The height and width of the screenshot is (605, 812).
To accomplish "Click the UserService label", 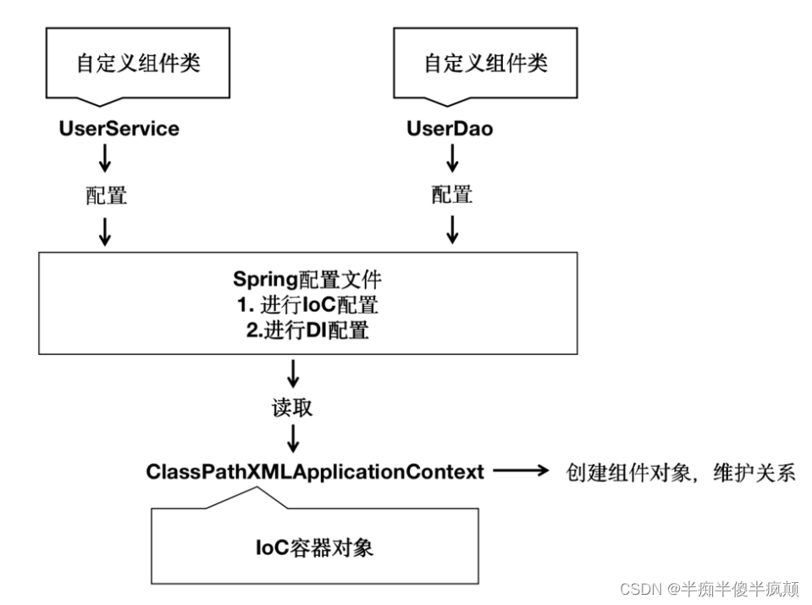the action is (119, 129).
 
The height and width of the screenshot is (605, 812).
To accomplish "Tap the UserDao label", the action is (450, 129).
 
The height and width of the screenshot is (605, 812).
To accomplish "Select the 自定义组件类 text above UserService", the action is (138, 63).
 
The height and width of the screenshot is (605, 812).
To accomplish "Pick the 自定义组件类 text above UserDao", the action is (486, 63).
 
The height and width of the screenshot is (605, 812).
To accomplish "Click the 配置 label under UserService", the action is (106, 196).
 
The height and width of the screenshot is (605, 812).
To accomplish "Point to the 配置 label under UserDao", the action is (452, 195).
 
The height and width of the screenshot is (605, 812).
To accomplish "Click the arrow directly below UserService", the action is (105, 158).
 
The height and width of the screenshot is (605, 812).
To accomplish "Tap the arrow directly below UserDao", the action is (453, 158).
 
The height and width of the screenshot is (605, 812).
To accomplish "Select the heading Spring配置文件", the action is (307, 280).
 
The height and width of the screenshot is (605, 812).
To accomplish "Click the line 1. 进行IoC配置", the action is (307, 305).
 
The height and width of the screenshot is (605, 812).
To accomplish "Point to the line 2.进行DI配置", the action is (307, 330).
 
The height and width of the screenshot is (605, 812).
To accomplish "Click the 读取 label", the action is (293, 408).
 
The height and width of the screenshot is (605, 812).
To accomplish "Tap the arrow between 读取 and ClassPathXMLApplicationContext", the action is (293, 439).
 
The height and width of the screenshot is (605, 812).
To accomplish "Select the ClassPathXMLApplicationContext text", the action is (315, 472).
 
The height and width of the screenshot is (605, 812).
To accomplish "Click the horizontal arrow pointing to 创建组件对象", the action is (521, 471).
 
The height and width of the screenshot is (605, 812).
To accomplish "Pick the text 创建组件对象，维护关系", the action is (681, 472).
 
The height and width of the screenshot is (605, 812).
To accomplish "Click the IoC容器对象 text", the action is (314, 547).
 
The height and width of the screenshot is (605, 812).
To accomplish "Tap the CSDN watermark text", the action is (710, 589).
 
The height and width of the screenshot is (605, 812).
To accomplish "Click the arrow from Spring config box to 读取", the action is (293, 374).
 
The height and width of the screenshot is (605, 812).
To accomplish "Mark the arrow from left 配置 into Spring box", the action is (105, 231).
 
